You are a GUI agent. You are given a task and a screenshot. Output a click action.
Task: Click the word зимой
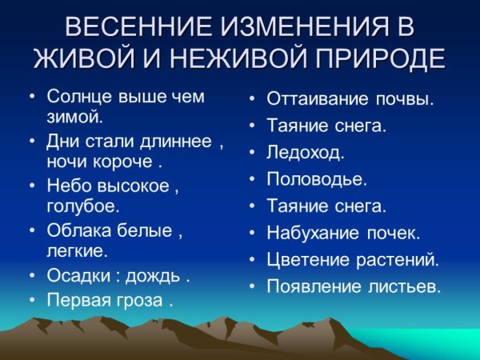pos(75,117)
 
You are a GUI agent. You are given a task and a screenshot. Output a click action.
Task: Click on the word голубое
pos(82,206)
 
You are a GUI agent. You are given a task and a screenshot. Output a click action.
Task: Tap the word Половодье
pos(316,179)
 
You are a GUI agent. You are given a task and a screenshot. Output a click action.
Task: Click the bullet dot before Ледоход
pos(251,153)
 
